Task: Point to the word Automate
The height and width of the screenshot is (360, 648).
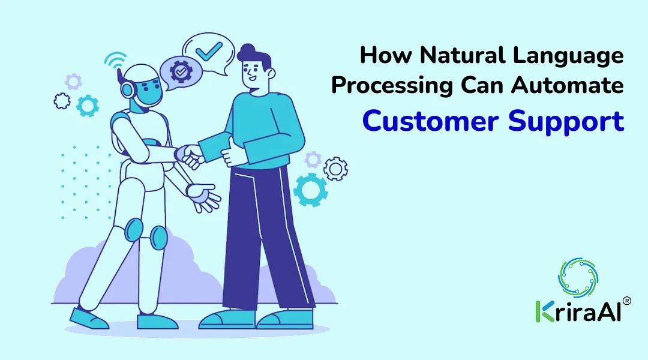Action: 568,86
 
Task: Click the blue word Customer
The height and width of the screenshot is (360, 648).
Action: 430,121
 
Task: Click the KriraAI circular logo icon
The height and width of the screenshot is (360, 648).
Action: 578,277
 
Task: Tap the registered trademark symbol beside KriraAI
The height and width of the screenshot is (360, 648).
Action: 626,301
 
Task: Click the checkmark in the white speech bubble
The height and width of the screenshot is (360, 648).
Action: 209,51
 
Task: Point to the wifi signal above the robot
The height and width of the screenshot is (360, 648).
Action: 115,59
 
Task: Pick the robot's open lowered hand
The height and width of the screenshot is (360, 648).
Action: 204,196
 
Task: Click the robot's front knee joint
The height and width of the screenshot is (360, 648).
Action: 158,238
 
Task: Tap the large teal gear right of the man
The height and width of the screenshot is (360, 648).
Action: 310,190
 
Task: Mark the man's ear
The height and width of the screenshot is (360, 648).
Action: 270,73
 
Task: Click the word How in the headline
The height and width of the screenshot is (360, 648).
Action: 386,55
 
